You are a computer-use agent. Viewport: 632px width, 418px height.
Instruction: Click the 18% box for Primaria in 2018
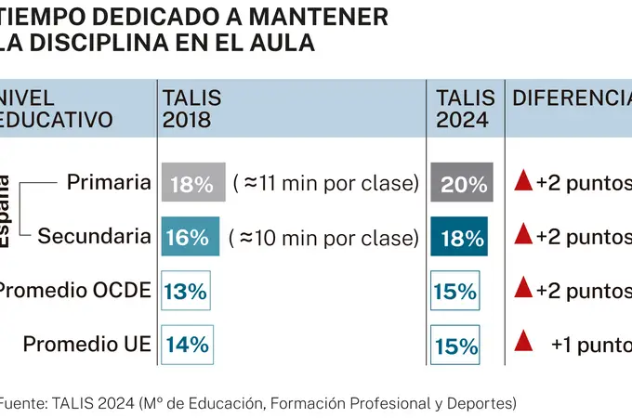(x=191, y=183)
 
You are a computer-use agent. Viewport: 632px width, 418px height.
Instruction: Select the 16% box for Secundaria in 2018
(x=190, y=236)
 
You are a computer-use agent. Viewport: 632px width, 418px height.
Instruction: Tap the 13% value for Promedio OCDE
(x=186, y=291)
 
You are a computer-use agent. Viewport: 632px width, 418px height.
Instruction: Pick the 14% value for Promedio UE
(x=187, y=345)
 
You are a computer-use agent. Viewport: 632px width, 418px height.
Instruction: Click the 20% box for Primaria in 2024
(x=462, y=183)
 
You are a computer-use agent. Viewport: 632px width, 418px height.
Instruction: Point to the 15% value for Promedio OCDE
(x=455, y=291)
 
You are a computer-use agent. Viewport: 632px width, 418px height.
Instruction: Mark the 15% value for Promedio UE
(x=455, y=346)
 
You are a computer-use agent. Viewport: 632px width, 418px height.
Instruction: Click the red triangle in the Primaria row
(x=522, y=182)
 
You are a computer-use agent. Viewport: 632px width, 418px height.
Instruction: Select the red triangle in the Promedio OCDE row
(x=522, y=289)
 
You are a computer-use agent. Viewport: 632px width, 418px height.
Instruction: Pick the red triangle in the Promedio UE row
(x=522, y=343)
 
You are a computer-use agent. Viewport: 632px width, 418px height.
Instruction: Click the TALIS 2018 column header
(x=193, y=110)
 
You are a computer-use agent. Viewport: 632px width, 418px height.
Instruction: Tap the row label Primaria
(x=109, y=182)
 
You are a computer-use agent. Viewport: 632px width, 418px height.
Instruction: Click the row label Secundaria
(x=94, y=236)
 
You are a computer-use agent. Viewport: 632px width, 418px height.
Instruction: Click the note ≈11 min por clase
(x=323, y=183)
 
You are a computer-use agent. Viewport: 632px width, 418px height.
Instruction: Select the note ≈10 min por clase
(x=323, y=237)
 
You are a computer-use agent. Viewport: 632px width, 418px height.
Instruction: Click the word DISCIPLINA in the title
(x=101, y=43)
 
